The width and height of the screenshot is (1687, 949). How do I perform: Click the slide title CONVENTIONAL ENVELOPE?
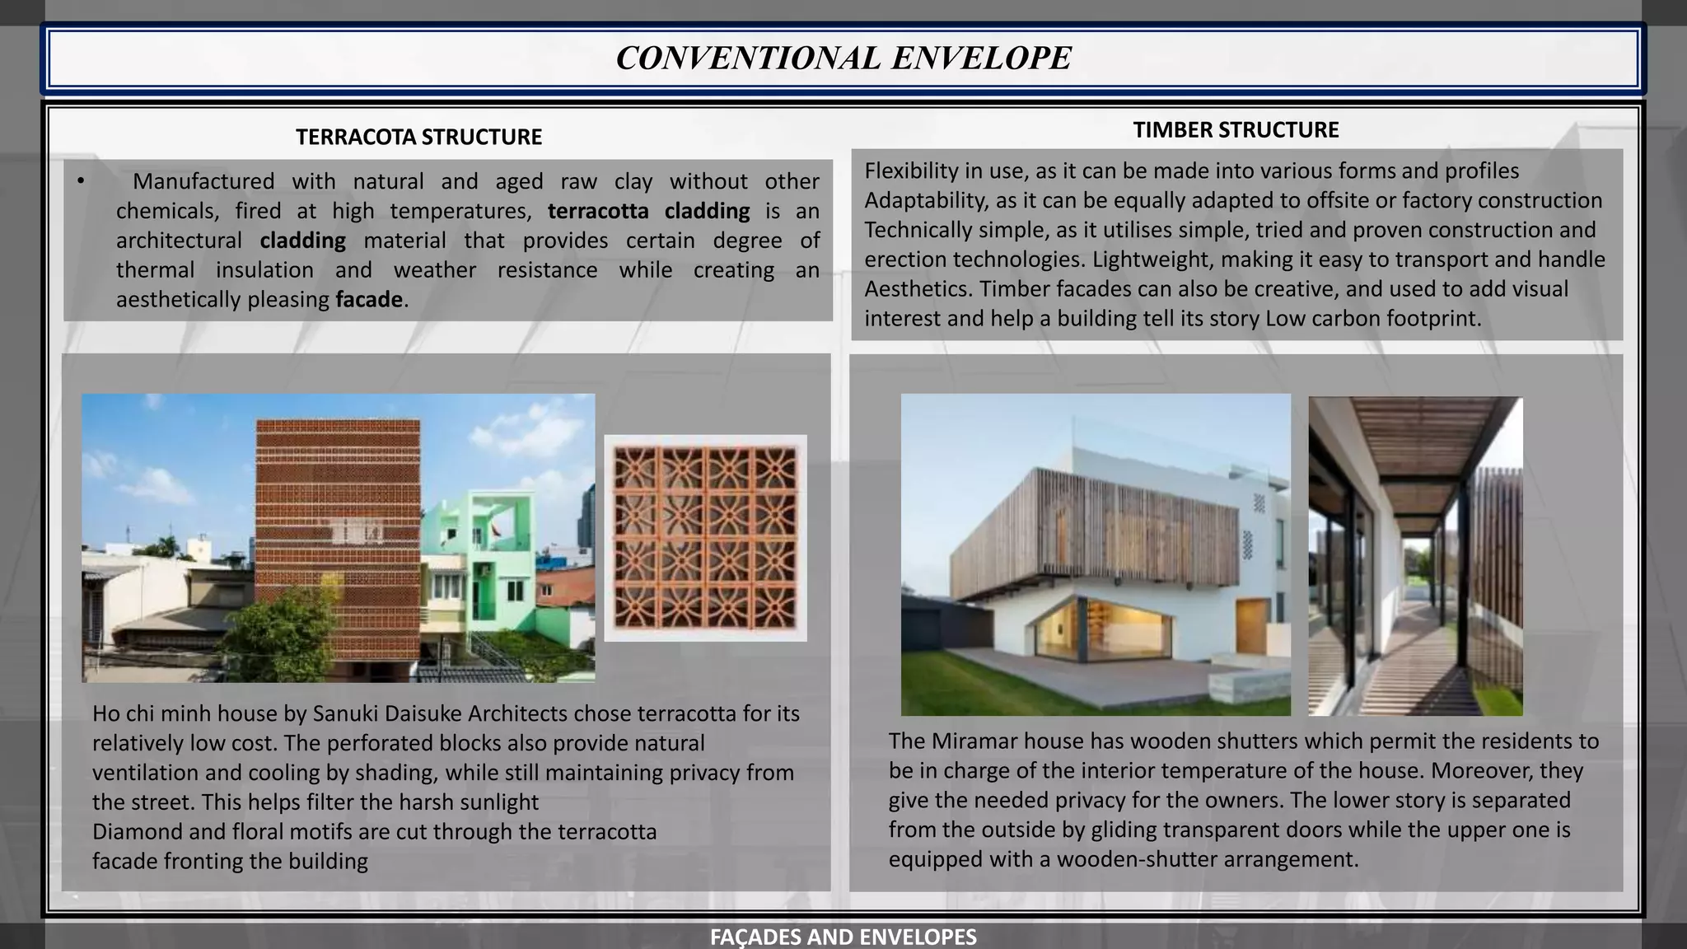tap(843, 58)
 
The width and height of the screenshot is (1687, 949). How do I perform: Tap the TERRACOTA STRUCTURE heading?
tap(418, 137)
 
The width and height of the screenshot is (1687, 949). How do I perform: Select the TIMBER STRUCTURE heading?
tap(1236, 130)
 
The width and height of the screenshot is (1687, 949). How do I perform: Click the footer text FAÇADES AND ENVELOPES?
tap(843, 937)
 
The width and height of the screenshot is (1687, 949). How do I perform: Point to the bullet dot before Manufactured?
tap(81, 181)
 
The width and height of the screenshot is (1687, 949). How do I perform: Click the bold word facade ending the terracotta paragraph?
tap(368, 299)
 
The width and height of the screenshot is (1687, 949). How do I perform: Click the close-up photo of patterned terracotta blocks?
tap(705, 538)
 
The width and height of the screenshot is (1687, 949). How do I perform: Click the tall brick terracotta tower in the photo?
tap(338, 511)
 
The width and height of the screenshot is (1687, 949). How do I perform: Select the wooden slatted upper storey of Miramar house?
tap(1096, 535)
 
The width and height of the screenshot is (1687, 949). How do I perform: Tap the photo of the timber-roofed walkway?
tap(1415, 556)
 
